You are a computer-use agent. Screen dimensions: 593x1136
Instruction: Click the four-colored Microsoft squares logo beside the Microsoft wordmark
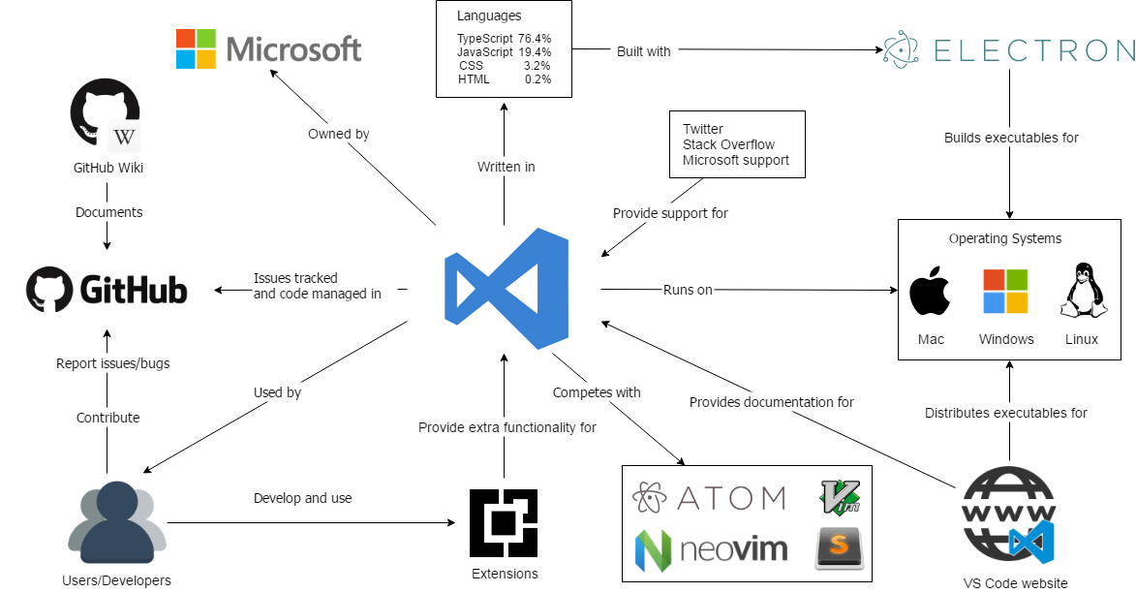click(197, 48)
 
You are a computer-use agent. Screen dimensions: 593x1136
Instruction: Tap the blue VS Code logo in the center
click(505, 289)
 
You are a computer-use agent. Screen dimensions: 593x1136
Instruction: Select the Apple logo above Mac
click(931, 292)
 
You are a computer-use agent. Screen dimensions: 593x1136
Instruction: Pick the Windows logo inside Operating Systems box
click(1005, 292)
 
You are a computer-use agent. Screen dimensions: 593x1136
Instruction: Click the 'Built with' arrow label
click(643, 51)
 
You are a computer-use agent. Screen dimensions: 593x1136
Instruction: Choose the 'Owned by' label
click(338, 134)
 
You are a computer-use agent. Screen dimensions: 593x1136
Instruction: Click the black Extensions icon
click(504, 523)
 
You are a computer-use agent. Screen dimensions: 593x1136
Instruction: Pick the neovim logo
click(711, 549)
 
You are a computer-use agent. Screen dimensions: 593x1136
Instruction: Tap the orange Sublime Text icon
click(839, 548)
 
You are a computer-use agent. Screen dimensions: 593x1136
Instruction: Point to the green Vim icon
click(840, 496)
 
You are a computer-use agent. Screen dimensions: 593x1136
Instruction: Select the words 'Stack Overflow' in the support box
click(728, 144)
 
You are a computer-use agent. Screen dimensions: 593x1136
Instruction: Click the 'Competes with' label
click(597, 392)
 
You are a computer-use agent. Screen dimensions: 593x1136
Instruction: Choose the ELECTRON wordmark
click(1033, 50)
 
